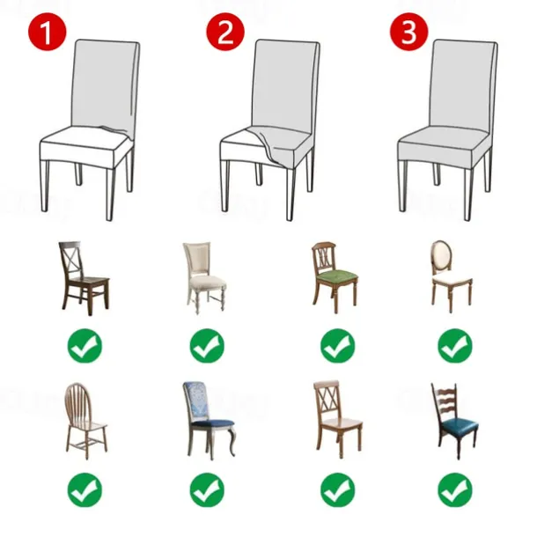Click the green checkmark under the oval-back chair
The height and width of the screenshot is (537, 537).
point(454,345)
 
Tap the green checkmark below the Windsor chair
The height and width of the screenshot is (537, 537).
point(85,489)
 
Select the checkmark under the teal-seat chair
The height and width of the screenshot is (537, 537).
point(454,489)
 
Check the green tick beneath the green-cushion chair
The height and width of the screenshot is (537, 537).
point(337,345)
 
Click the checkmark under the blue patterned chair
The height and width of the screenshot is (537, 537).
point(207,489)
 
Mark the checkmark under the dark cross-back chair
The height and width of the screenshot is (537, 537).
point(85,345)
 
